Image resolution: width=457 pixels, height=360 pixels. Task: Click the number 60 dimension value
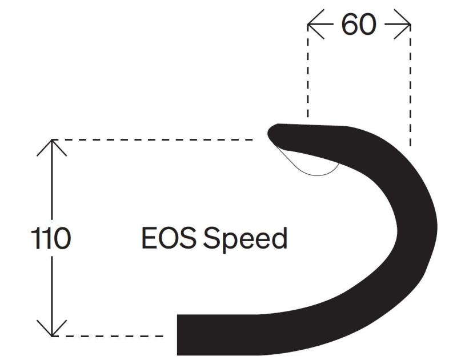pyautogui.click(x=359, y=24)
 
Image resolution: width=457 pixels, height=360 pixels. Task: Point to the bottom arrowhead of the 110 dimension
pyautogui.click(x=52, y=330)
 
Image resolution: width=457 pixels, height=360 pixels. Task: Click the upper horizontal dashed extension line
pyautogui.click(x=154, y=139)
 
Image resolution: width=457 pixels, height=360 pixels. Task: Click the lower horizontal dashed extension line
pyautogui.click(x=109, y=336)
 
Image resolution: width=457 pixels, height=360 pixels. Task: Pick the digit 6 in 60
pyautogui.click(x=350, y=24)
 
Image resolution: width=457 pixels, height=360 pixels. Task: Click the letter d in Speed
pyautogui.click(x=278, y=239)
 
